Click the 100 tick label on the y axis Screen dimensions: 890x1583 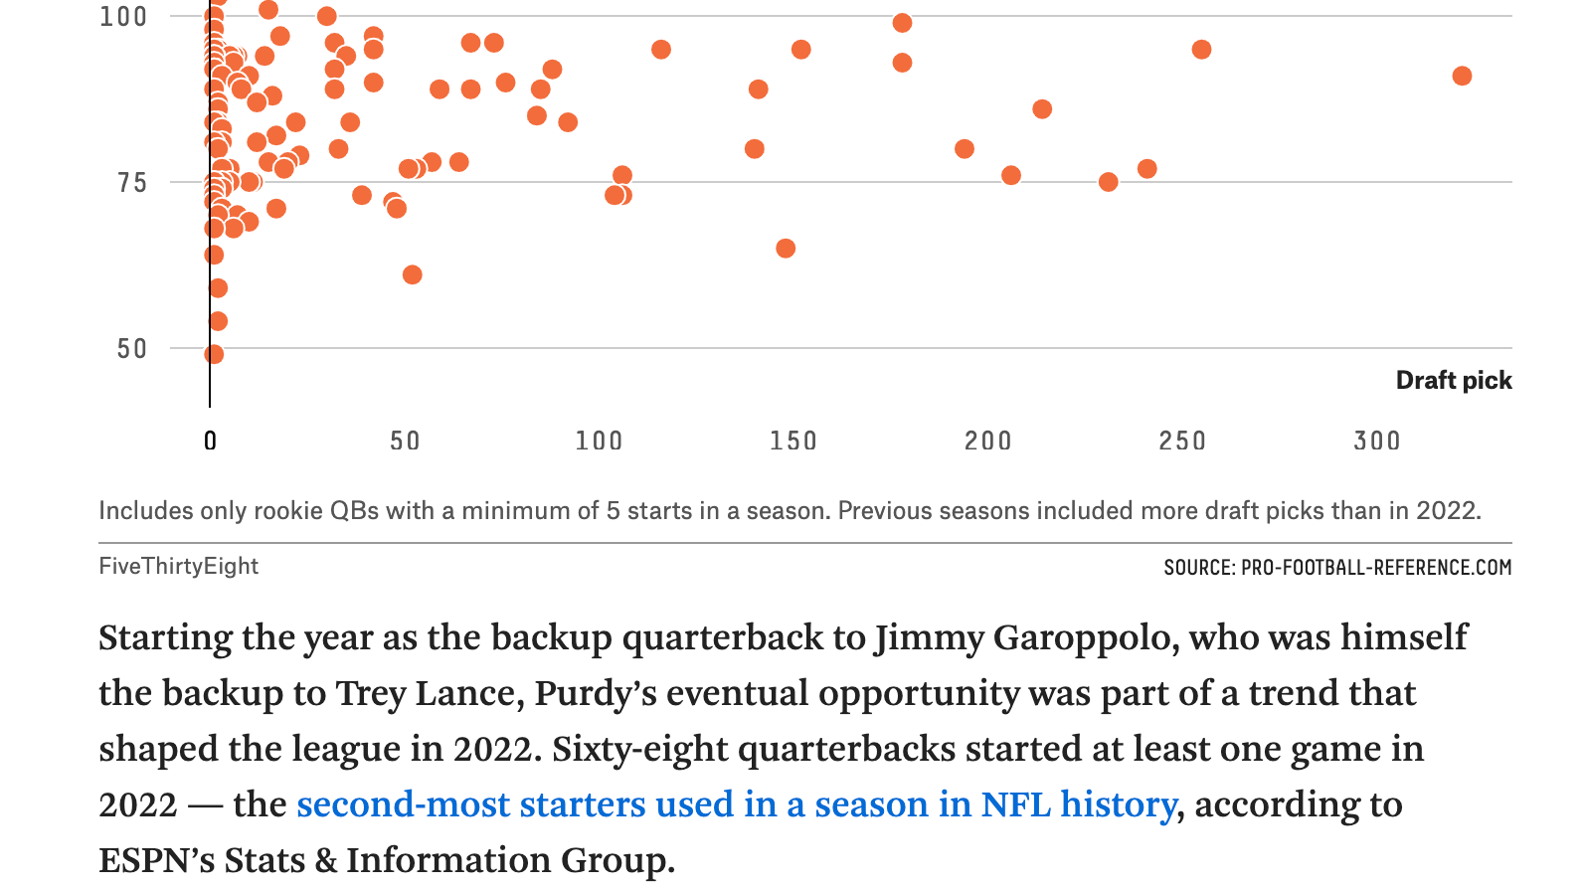click(x=122, y=17)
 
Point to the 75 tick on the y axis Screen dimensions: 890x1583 click(x=131, y=183)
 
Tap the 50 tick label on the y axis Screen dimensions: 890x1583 click(x=131, y=349)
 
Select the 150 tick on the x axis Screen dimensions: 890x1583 click(x=792, y=441)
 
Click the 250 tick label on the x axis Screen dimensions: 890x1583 click(x=1181, y=441)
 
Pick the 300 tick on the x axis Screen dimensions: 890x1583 click(x=1376, y=441)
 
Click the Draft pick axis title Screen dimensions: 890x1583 click(x=1453, y=381)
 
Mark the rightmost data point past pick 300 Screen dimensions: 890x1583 click(x=1461, y=77)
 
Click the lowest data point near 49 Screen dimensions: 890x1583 click(x=214, y=354)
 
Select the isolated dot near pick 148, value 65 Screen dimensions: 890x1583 click(x=786, y=249)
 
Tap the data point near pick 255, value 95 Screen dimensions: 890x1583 click(x=1201, y=50)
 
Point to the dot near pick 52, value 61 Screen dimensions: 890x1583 click(x=413, y=274)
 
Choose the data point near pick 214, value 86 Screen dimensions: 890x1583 click(x=1042, y=109)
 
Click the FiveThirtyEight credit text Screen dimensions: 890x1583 click(x=178, y=566)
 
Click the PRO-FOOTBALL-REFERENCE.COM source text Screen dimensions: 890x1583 click(x=1376, y=568)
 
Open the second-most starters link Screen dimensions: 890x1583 click(x=736, y=804)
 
